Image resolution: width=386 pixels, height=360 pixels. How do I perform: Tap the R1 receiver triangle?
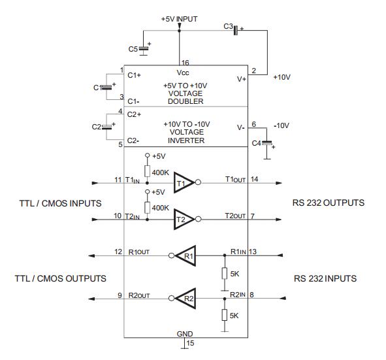pos(185,256)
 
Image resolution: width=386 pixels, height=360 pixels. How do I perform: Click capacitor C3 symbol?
pos(236,29)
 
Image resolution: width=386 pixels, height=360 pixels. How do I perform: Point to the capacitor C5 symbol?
pos(144,48)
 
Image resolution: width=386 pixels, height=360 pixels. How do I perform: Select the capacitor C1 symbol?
pos(105,88)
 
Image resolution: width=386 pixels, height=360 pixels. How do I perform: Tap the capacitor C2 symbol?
pos(105,127)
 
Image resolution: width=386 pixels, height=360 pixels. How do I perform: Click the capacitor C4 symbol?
pos(266,141)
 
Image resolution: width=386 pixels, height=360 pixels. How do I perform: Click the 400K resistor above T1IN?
pos(148,171)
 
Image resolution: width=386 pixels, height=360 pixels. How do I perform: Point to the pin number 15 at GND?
pos(191,342)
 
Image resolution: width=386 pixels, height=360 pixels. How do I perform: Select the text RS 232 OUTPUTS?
pos(328,203)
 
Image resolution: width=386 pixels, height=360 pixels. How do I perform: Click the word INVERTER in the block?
pos(186,140)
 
